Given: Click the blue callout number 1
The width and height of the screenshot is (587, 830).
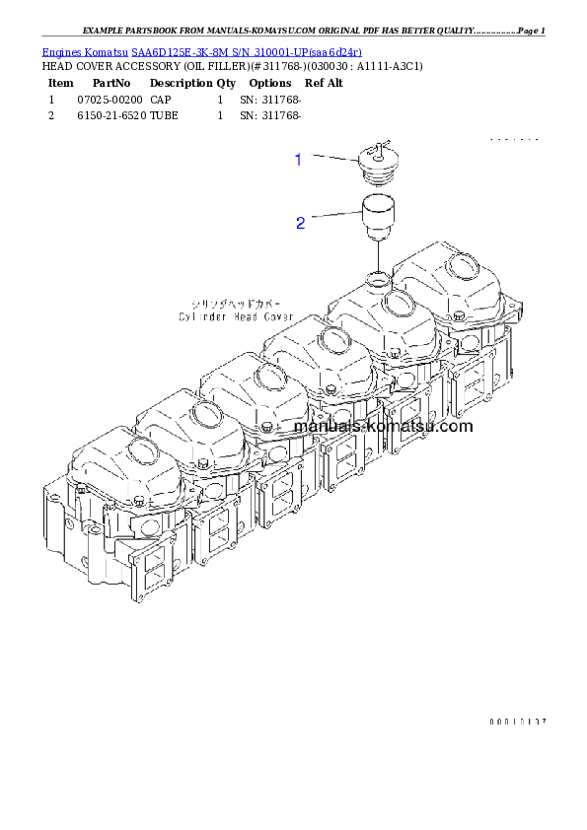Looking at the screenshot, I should [x=298, y=159].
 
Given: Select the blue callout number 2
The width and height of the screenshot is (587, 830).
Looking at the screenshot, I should [x=300, y=223].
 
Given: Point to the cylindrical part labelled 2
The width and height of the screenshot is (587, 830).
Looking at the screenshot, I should [x=376, y=220].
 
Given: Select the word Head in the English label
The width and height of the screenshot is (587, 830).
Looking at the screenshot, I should [x=246, y=317].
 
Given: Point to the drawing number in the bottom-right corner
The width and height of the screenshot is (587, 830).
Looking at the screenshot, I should [x=517, y=722].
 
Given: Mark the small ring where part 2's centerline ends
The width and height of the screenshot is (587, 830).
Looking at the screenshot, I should [x=376, y=278].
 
